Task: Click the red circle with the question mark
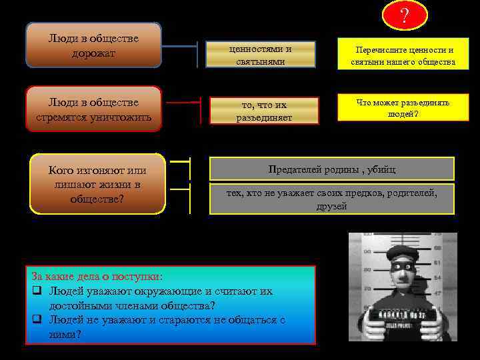click(x=404, y=15)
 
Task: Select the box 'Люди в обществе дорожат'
click(x=93, y=45)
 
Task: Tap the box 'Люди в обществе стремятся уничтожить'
click(x=93, y=109)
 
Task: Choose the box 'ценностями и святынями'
click(x=260, y=55)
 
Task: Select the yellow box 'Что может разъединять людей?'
click(x=403, y=107)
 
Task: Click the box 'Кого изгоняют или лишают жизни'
click(x=98, y=184)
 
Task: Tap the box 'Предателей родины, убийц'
click(x=332, y=169)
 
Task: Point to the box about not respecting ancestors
click(x=332, y=199)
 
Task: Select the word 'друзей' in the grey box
click(x=332, y=207)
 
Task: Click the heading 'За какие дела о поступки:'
click(x=97, y=276)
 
